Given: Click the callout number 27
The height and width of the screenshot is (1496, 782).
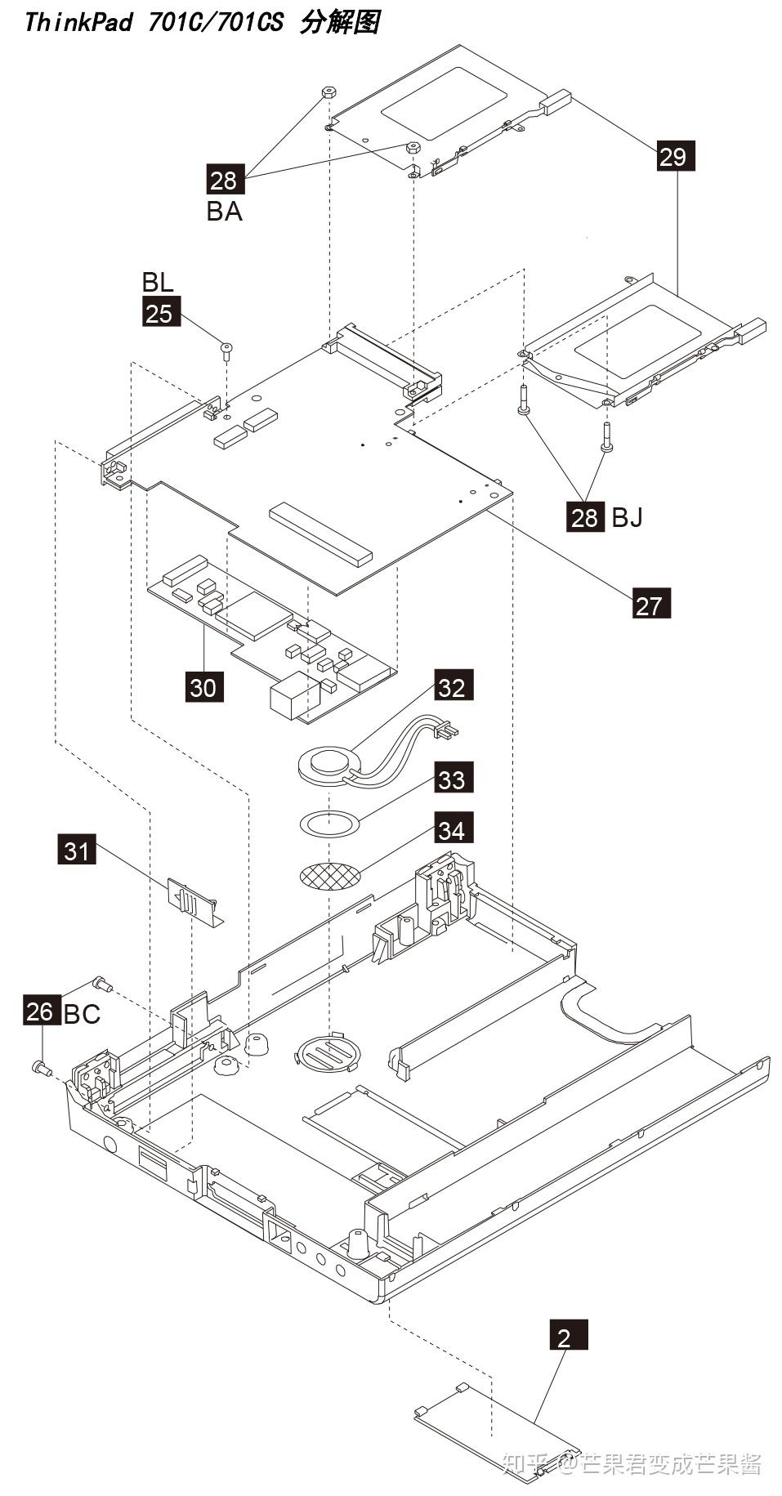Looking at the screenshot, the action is (x=651, y=605).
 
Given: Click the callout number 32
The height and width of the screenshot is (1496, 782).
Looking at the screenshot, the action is (x=454, y=686).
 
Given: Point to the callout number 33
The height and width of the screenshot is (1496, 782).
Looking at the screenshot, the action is (x=452, y=779).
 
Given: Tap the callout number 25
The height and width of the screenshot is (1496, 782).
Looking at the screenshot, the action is (x=161, y=313).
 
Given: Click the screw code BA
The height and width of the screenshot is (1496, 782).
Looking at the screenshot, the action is (x=224, y=212).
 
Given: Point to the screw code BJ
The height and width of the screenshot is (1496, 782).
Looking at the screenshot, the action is (x=627, y=517).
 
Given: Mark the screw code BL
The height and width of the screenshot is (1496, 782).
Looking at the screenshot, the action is (x=158, y=282).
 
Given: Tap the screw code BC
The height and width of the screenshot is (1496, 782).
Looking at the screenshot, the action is (x=82, y=1014).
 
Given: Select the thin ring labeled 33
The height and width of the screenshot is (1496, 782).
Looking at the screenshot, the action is (x=329, y=824).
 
